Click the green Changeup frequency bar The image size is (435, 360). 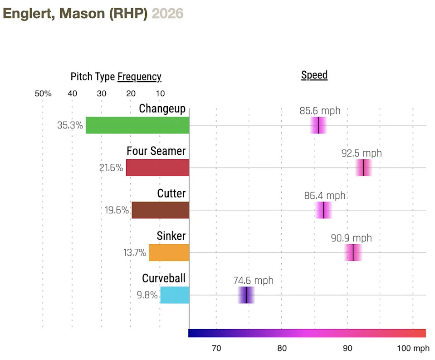click(x=137, y=125)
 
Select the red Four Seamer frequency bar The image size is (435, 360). click(x=157, y=168)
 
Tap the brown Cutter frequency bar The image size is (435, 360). click(x=160, y=210)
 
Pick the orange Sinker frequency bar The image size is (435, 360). click(x=169, y=252)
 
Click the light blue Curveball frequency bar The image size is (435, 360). click(x=175, y=295)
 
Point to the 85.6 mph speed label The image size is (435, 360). click(x=320, y=110)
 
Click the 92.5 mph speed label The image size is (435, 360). click(x=362, y=153)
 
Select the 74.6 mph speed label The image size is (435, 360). click(x=254, y=281)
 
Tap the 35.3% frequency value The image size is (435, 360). click(x=70, y=126)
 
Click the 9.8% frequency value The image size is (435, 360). click(x=147, y=295)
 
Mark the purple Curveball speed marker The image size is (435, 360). click(x=246, y=295)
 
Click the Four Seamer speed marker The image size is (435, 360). click(x=364, y=168)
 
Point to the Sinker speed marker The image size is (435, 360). click(x=353, y=252)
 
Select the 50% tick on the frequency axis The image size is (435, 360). click(x=43, y=94)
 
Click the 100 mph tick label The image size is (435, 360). click(x=413, y=349)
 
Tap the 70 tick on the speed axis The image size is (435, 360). click(x=216, y=349)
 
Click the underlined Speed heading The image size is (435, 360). click(x=314, y=75)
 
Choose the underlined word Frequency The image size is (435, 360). click(x=139, y=77)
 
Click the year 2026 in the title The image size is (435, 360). click(x=167, y=14)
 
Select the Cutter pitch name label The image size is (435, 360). click(x=171, y=193)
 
